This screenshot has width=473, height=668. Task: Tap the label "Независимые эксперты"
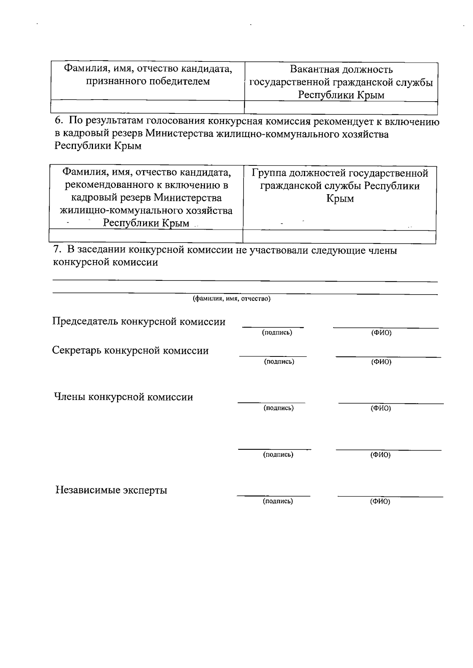111,490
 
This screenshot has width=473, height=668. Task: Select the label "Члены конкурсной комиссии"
123,397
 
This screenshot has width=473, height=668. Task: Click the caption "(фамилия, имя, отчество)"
231,299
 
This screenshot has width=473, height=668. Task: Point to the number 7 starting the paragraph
56,250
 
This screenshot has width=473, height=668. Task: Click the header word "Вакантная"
315,70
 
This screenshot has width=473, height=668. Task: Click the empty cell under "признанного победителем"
147,107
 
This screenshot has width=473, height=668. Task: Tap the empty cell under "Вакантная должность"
341,108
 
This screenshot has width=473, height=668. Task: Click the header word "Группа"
269,173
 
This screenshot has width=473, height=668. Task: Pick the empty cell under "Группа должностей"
339,237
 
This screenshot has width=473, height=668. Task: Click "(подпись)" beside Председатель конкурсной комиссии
277,333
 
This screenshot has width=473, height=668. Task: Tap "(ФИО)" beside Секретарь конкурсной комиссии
381,362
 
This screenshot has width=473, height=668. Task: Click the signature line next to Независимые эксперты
273,495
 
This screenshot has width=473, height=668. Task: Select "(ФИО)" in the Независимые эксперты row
380,502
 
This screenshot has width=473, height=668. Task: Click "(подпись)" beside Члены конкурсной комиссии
279,408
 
